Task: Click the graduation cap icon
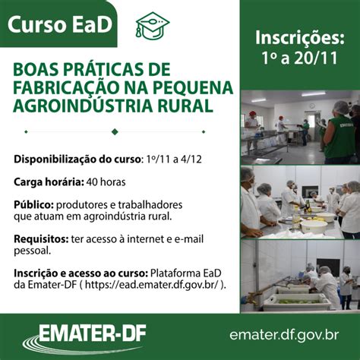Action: [153, 26]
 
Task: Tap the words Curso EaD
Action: [60, 24]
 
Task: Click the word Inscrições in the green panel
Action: [300, 38]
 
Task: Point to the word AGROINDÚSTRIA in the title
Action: [83, 106]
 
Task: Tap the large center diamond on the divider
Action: [115, 131]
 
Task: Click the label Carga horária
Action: [49, 182]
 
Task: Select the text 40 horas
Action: [106, 182]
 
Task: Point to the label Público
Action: [33, 205]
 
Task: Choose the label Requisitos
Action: [41, 239]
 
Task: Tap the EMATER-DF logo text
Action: [93, 334]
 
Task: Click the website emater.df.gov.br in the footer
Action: [284, 335]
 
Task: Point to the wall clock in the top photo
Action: [312, 106]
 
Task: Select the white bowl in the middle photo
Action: [314, 227]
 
